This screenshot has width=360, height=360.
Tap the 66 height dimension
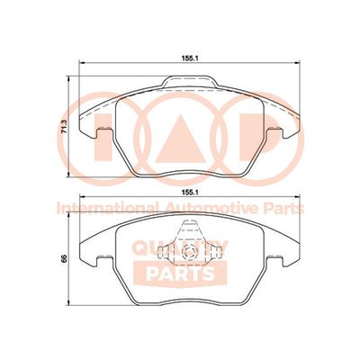pos(64,259)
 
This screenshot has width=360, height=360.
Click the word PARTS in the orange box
pos(181,274)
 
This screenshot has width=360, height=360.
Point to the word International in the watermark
pos(107,208)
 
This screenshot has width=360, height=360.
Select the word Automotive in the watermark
pos(211,208)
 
